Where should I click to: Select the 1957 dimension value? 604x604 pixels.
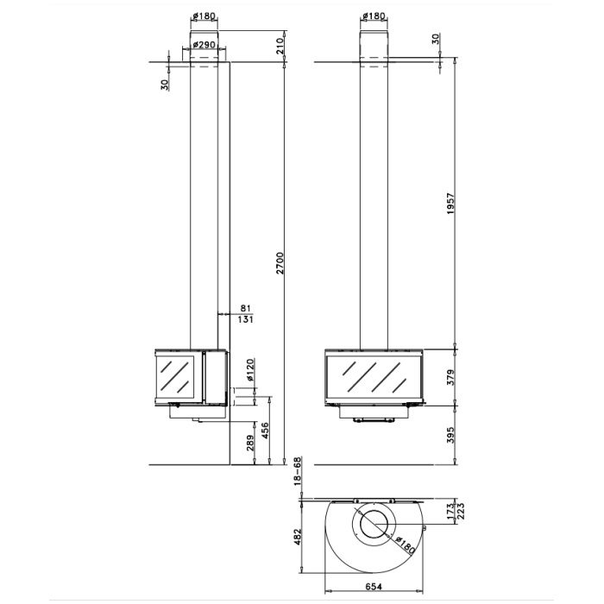coord(451,204)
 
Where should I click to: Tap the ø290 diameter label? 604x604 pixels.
coord(204,45)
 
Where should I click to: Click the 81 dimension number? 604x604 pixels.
coord(245,307)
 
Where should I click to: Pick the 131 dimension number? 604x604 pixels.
coord(245,320)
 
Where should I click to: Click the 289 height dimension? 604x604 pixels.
coord(250,445)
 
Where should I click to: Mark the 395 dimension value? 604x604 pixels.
coord(451,435)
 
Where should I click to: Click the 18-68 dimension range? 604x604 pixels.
coord(299,472)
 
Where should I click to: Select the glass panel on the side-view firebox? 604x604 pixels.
coord(179,375)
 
